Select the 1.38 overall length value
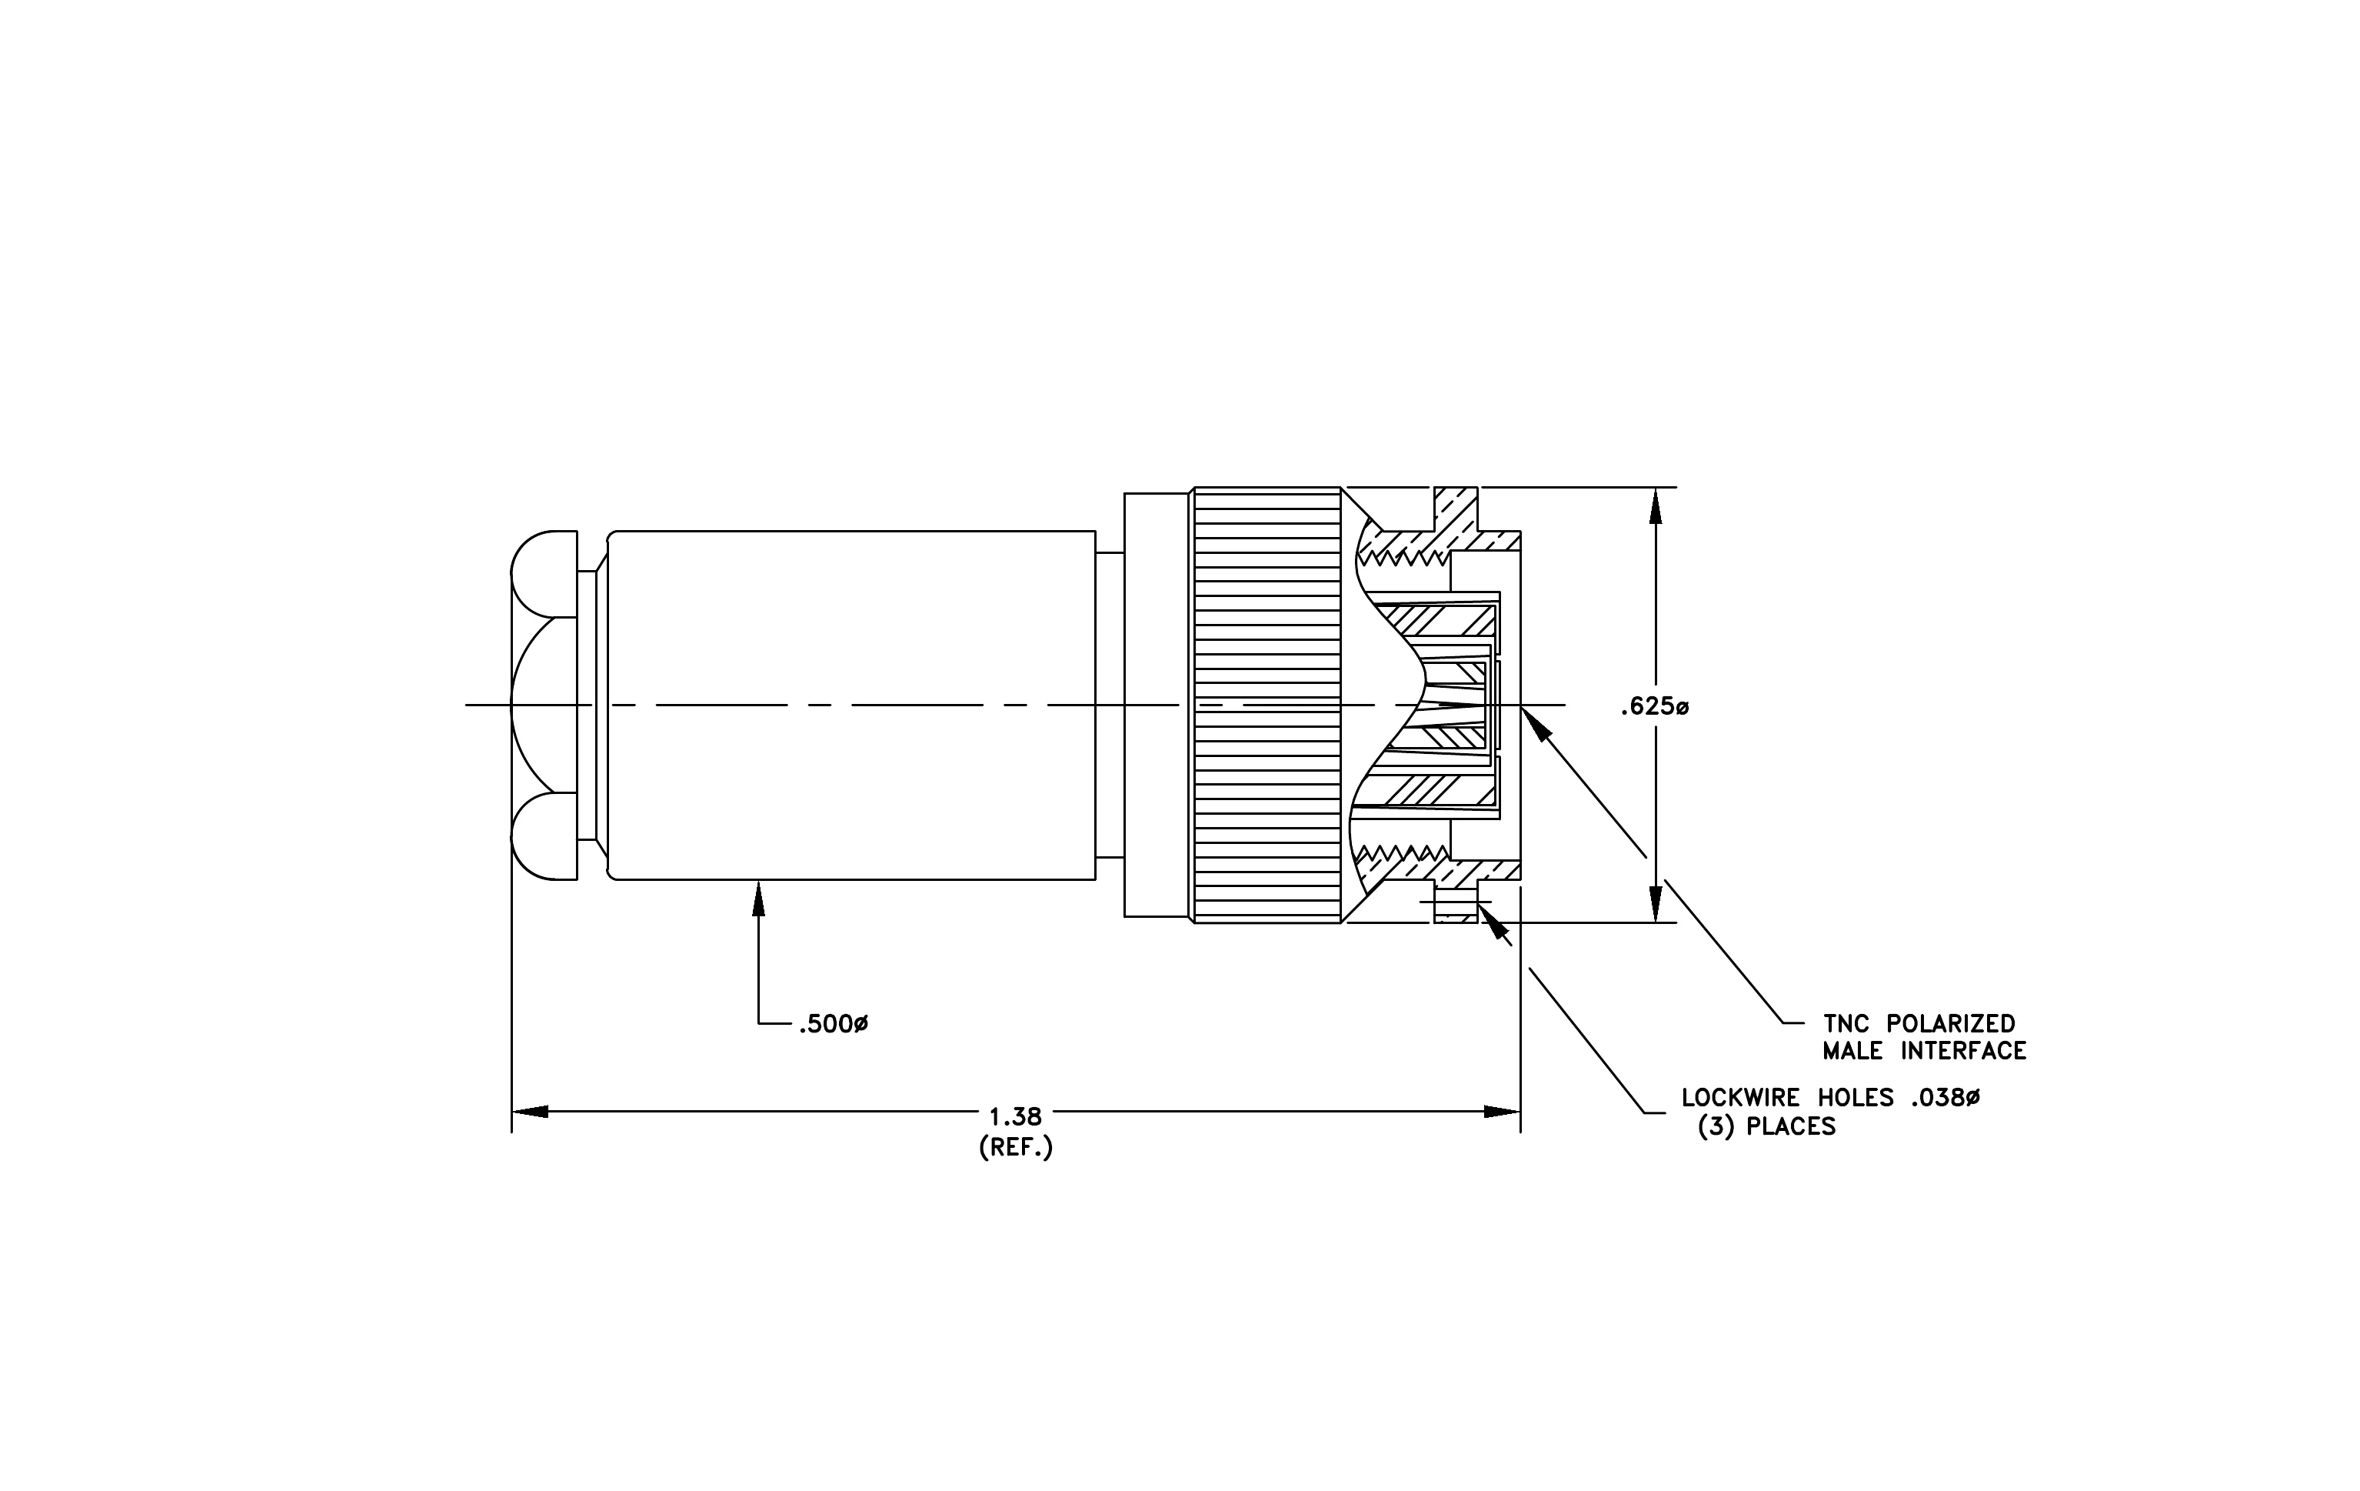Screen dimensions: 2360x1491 pos(1015,1116)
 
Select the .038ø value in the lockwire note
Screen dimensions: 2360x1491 pos(1946,1098)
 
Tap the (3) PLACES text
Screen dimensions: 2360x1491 pos(1767,1126)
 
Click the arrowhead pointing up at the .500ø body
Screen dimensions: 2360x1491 pos(757,898)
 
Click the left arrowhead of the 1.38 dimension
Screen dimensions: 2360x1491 pos(529,1112)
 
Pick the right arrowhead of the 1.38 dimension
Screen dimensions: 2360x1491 pos(1503,1112)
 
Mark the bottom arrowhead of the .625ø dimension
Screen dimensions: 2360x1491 pos(1656,904)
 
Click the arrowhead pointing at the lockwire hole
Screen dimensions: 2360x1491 pos(1492,920)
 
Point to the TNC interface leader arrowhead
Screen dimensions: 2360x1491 pos(1536,722)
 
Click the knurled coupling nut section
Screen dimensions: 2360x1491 pos(1267,705)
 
